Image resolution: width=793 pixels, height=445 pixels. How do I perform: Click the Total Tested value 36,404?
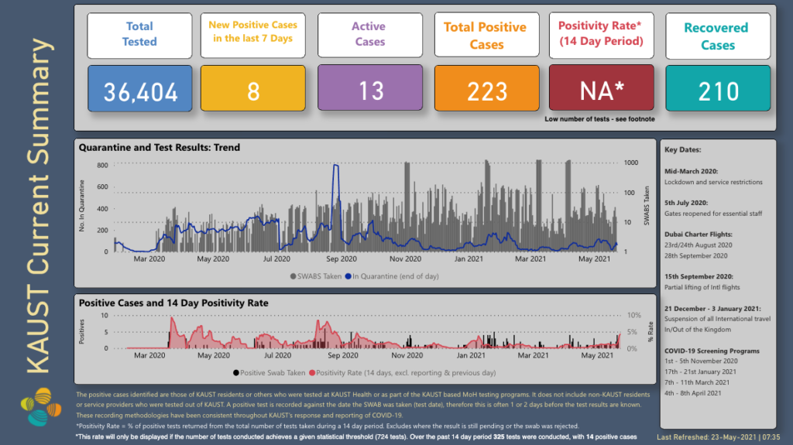coord(139,91)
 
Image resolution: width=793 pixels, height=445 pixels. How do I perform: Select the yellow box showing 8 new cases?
coord(253,91)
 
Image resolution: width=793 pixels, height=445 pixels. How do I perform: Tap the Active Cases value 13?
coord(370,91)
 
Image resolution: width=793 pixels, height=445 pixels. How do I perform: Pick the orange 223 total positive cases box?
coord(486,91)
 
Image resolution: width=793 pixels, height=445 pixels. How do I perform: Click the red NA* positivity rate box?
coord(602,91)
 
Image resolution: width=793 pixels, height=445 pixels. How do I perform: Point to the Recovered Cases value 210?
coord(718,91)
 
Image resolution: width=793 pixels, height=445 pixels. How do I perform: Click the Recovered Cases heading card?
coord(718,36)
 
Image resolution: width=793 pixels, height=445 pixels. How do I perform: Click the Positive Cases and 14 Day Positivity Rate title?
coord(174,303)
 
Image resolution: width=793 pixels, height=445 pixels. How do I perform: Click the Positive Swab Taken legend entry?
coord(270,372)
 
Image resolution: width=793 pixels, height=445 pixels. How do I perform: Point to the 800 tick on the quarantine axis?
coord(102,165)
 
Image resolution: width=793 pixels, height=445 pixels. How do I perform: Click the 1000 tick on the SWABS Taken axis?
coord(632,163)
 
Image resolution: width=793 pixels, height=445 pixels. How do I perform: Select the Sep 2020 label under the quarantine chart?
coord(342,259)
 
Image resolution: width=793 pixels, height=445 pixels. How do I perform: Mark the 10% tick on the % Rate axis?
coord(633,316)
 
